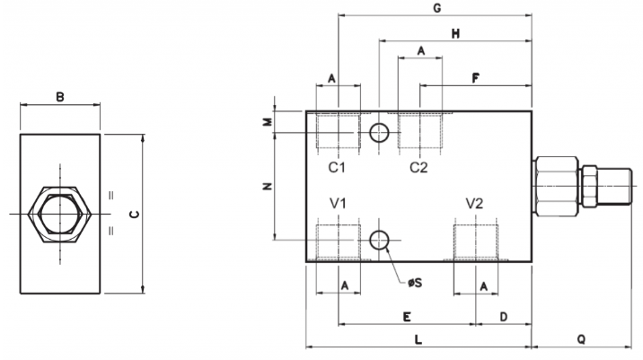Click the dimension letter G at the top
pos(437,8)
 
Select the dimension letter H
pos(455,33)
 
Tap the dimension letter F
pos(475,77)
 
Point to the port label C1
pos(337,167)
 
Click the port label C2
pos(418,167)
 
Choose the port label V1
pos(339,203)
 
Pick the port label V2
pos(474,203)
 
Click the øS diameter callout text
pos(415,283)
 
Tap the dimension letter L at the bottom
pos(418,339)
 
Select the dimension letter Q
pos(581,339)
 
